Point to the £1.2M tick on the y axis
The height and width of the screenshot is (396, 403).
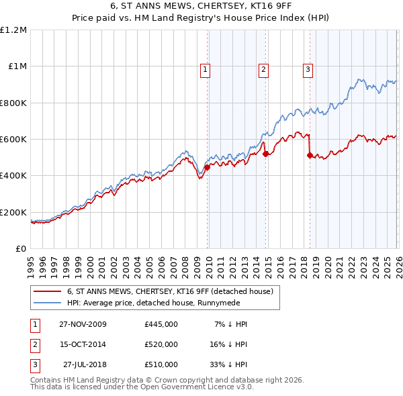[14, 30]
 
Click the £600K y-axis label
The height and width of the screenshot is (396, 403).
[14, 140]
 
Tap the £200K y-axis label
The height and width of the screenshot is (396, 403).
[14, 212]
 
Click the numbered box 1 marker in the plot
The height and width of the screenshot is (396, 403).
[204, 68]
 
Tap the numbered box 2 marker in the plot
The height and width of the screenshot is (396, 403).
[263, 68]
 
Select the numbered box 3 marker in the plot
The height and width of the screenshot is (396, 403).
[308, 68]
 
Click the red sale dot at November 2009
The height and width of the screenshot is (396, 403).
[207, 168]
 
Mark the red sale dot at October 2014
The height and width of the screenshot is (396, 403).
[265, 154]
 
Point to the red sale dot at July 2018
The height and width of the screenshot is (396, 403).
[310, 156]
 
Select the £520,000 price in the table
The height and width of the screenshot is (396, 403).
[161, 344]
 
